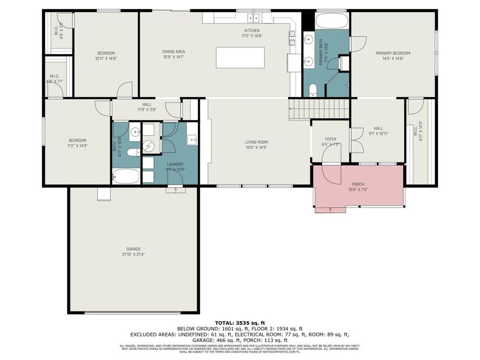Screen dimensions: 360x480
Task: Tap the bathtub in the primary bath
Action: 331,21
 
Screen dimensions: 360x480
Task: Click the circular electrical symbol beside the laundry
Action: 148,145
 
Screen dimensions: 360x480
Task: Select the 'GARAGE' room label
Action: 133,249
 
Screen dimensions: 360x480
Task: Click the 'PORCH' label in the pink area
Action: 357,183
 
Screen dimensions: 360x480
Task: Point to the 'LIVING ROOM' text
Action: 256,142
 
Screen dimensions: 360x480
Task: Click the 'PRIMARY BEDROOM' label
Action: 393,53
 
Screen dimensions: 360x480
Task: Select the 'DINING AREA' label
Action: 173,51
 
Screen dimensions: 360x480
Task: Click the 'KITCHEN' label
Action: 252,30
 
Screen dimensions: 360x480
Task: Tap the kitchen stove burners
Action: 293,37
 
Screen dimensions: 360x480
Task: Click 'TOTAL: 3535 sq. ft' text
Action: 239,323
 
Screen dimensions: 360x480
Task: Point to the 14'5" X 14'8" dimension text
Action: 393,59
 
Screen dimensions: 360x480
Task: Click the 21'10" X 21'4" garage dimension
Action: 133,255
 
